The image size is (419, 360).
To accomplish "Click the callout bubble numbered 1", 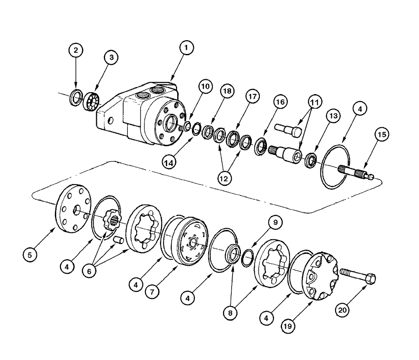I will click(x=186, y=48).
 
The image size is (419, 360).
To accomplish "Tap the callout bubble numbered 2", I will click(x=75, y=51).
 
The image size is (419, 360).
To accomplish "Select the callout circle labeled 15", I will click(x=382, y=135).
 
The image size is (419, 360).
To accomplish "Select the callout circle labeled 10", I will click(x=205, y=86).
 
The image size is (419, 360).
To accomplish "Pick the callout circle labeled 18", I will click(x=227, y=93).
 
